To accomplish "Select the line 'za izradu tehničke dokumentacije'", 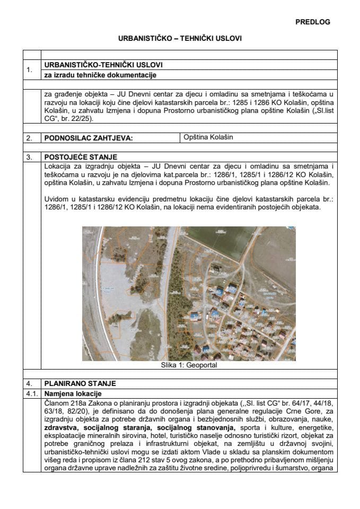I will [99, 75].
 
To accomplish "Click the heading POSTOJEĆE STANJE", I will [81, 157].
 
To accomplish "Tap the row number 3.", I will [29, 157].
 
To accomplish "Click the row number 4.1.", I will [31, 394].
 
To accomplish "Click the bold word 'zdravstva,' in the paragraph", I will [60, 427].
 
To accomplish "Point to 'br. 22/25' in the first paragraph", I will [75, 119].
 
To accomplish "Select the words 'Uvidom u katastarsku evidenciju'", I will [89, 198].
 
